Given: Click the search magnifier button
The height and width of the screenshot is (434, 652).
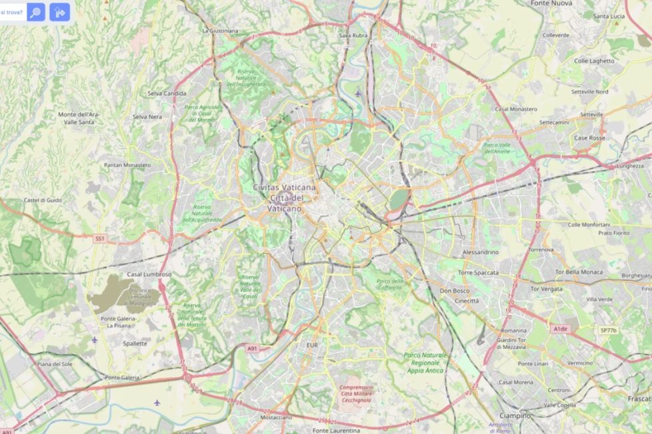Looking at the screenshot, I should click(x=36, y=12).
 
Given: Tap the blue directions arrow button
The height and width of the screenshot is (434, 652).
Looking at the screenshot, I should click(x=59, y=12).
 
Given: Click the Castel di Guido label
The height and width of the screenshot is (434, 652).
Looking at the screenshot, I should click(x=43, y=200).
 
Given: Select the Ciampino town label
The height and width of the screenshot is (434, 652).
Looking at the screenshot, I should click(x=515, y=415).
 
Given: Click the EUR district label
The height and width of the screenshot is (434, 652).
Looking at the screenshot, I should click(x=312, y=345).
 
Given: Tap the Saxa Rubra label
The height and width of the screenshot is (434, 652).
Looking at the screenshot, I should click(x=353, y=35).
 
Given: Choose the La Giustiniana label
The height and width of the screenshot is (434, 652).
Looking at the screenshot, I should click(x=220, y=30).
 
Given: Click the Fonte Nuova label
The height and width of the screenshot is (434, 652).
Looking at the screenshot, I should click(x=551, y=3).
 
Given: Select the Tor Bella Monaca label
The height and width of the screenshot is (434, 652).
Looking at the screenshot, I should click(x=579, y=272).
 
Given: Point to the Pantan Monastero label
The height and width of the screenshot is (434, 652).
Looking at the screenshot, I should click(x=127, y=164).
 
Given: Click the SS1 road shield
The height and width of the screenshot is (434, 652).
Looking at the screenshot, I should click(x=100, y=238).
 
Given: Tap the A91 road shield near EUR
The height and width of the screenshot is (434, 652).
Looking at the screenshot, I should click(x=252, y=348).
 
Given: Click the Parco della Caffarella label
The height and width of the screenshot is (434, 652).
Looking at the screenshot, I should click(x=390, y=284).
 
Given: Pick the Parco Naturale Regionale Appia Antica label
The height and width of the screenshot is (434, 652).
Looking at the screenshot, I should click(x=425, y=363).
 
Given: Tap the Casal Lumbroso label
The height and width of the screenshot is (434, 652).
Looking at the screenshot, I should click(x=149, y=274).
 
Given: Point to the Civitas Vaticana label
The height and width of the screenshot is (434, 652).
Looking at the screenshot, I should click(x=285, y=188).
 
